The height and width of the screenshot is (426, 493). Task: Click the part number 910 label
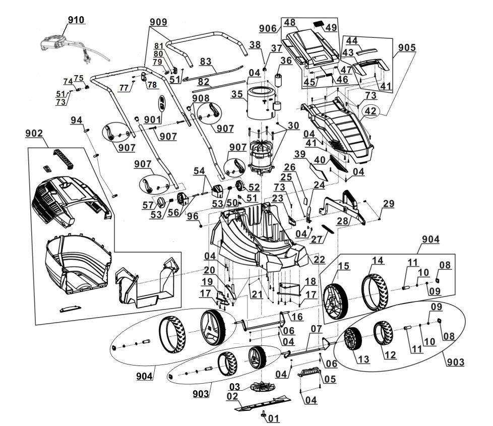[76, 20]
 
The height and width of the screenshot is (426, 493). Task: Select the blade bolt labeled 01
[264, 414]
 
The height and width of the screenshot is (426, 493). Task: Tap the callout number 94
[76, 120]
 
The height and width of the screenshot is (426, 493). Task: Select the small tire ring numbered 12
[385, 337]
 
